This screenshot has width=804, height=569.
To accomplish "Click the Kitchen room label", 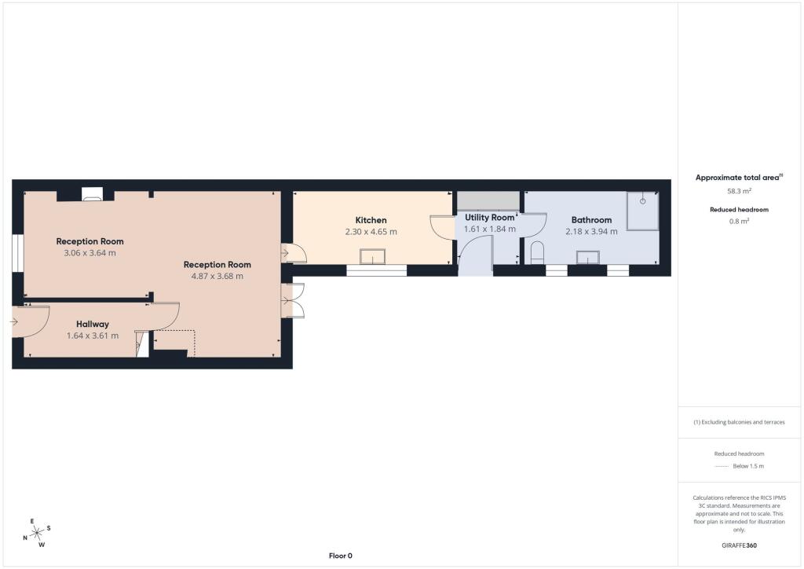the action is [x=371, y=220].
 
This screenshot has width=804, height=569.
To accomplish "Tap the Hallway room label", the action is [x=93, y=325].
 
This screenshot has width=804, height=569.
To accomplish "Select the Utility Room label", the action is [x=490, y=218].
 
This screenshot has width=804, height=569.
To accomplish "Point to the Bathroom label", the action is [x=591, y=220].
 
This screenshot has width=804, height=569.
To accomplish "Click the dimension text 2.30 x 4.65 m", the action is [x=371, y=232].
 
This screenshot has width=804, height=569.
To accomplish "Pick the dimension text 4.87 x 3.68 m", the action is [x=217, y=276].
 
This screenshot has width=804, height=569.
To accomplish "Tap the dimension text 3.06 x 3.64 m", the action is [x=90, y=253].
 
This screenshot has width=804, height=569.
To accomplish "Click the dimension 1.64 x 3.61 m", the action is [x=93, y=336].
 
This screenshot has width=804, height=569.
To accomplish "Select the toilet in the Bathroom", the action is [x=537, y=252].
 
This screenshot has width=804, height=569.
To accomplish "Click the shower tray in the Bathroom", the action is [x=642, y=211].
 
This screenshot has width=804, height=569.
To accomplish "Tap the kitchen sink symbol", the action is [x=372, y=256].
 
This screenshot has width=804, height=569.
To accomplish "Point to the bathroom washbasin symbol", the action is [x=587, y=258].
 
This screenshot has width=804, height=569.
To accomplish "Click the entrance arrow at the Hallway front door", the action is [x=14, y=322].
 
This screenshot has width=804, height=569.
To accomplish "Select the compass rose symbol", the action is [x=37, y=533].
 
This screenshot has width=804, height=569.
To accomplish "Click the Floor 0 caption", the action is [x=341, y=556].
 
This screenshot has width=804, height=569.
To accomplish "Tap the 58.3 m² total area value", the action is [x=739, y=191].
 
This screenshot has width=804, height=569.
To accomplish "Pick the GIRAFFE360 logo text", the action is [x=739, y=545].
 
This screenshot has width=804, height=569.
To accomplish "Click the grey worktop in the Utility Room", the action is [x=488, y=201].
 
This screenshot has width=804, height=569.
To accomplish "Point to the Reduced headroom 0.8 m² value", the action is [x=739, y=221].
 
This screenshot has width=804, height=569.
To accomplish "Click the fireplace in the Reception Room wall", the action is [x=93, y=194].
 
